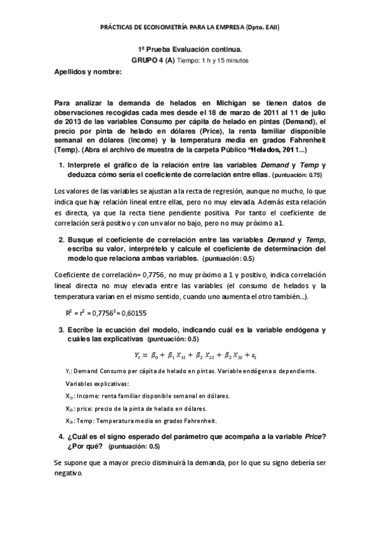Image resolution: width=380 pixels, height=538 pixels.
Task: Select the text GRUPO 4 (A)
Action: [153, 60]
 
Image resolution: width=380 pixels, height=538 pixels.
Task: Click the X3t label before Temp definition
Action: [69, 420]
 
